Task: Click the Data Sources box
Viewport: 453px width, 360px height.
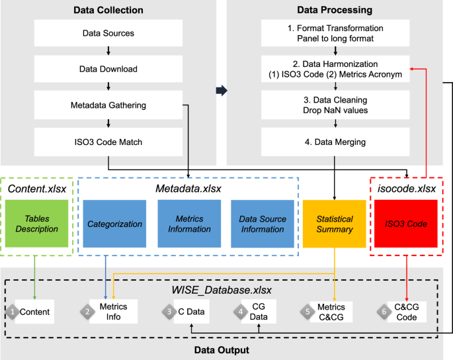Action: pyautogui.click(x=108, y=33)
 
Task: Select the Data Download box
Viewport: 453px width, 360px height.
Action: pyautogui.click(x=108, y=69)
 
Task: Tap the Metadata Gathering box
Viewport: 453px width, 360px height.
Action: pyautogui.click(x=108, y=105)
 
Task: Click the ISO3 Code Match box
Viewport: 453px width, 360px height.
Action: pyautogui.click(x=108, y=141)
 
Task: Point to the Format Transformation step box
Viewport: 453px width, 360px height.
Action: pyautogui.click(x=335, y=33)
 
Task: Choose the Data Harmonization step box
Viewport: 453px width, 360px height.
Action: pyautogui.click(x=335, y=69)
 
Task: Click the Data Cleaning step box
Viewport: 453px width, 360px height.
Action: pyautogui.click(x=335, y=105)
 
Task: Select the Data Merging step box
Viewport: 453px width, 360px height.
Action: pyautogui.click(x=335, y=141)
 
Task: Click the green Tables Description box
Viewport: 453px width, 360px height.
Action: pyautogui.click(x=33, y=224)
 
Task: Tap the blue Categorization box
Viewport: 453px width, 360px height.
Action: pyautogui.click(x=114, y=224)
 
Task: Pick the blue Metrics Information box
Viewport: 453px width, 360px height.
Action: pyautogui.click(x=188, y=224)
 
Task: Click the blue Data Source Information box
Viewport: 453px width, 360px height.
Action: pyautogui.click(x=262, y=224)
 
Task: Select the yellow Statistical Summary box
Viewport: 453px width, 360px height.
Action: pyautogui.click(x=334, y=224)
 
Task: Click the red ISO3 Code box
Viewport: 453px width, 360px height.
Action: pyautogui.click(x=405, y=224)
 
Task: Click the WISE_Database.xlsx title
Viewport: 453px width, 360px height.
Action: pyautogui.click(x=222, y=290)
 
